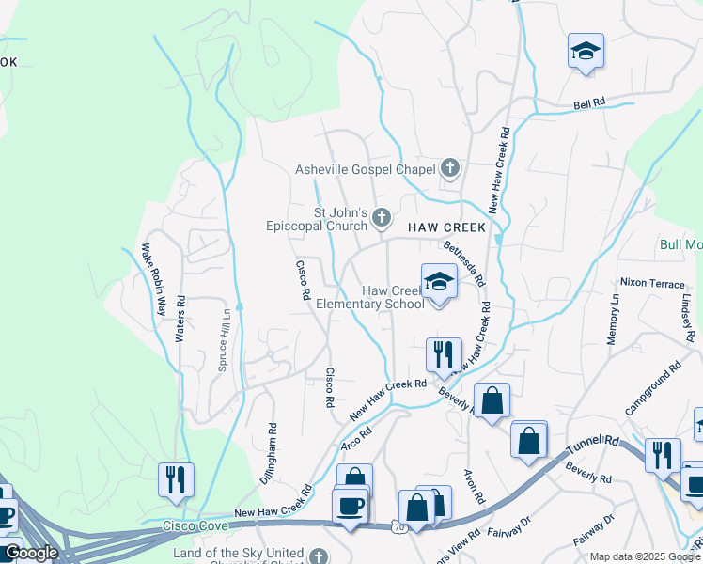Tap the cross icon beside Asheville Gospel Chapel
[x=449, y=169]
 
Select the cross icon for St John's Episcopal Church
[x=381, y=218]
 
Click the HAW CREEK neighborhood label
[x=446, y=227]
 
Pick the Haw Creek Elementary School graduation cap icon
[x=439, y=280]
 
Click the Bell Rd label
[x=589, y=103]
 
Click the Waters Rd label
[x=180, y=319]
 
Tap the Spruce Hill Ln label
[x=224, y=339]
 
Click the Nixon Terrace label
[x=651, y=282]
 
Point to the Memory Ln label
[x=613, y=319]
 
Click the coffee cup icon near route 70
[x=351, y=506]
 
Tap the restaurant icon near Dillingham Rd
[x=176, y=479]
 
